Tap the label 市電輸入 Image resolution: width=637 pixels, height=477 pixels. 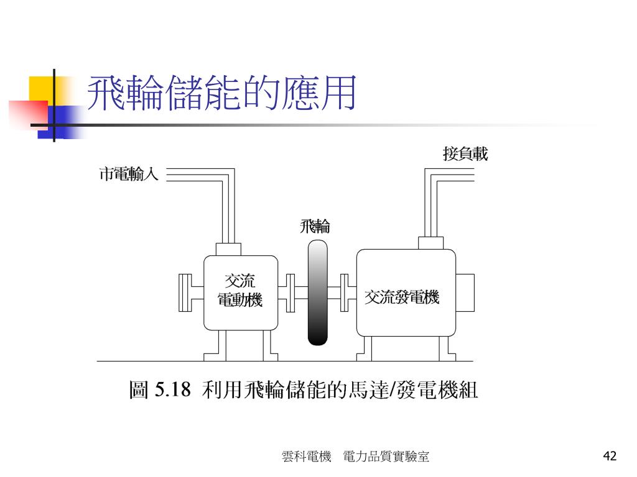coord(129,175)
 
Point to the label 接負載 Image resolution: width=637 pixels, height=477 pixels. coord(465,153)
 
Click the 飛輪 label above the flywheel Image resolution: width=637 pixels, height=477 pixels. coord(315,226)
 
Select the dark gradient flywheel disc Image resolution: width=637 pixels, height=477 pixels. coord(317,292)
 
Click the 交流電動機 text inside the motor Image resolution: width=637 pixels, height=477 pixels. coord(240,291)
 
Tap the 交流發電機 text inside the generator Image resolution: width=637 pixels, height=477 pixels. coord(402,298)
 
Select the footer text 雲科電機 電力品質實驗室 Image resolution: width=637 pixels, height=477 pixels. coord(355,457)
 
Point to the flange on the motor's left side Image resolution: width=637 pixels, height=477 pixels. coord(185,292)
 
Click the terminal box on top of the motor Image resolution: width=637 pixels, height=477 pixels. coord(228,248)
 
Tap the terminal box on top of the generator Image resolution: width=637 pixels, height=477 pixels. coord(430,242)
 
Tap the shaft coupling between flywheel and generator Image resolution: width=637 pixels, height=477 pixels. coord(345,292)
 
